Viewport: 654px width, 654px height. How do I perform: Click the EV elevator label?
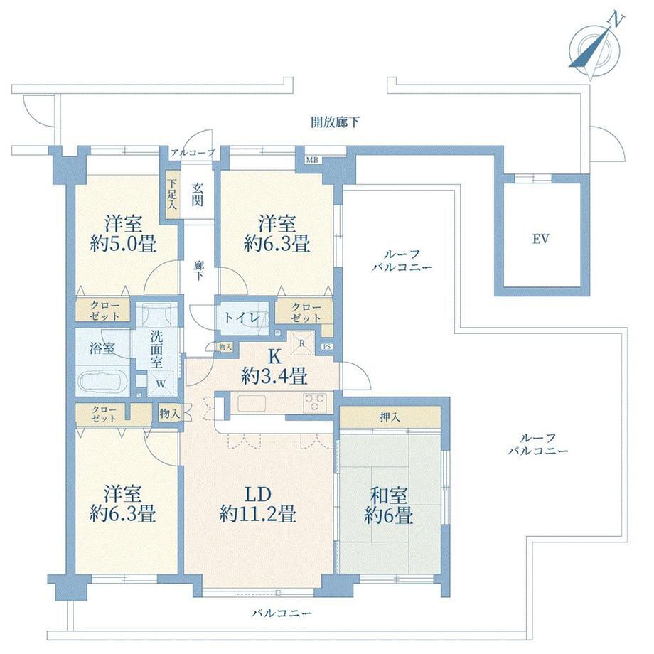click(540, 239)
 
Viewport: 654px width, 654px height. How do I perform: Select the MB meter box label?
click(312, 160)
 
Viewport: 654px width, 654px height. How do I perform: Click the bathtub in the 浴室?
click(102, 380)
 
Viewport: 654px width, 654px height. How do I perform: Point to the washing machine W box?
click(161, 382)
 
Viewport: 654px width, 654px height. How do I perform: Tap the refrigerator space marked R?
click(302, 343)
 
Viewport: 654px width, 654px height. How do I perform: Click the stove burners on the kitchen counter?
click(315, 403)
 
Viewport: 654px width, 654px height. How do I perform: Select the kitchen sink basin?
click(252, 403)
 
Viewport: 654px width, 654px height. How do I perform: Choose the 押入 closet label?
click(390, 417)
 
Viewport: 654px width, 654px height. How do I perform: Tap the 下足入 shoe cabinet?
click(173, 194)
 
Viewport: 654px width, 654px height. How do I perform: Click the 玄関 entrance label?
click(198, 195)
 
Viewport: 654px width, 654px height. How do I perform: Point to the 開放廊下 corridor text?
click(336, 122)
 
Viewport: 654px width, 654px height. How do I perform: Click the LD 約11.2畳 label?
click(258, 504)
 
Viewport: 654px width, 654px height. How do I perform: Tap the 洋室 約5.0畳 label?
click(124, 234)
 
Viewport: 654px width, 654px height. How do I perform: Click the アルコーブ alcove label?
click(193, 153)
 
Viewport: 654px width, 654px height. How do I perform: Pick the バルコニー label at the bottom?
click(282, 613)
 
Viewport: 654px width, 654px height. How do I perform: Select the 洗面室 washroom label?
click(156, 349)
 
